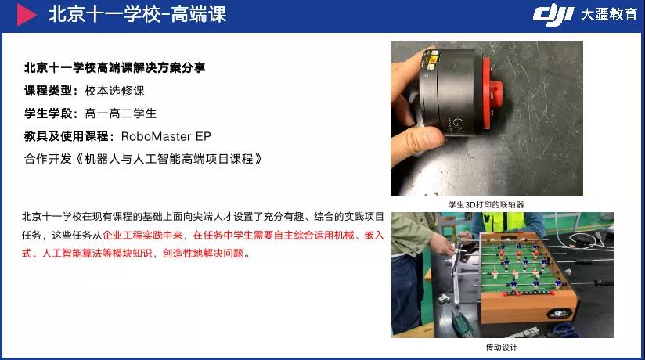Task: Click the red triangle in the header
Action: coord(26,15)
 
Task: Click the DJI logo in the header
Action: coord(553,16)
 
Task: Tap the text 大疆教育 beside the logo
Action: coord(609,15)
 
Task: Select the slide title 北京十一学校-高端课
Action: coord(138,15)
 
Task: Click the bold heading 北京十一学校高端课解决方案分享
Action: coord(115,67)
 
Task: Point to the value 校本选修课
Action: coord(115,91)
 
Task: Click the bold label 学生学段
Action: coord(48,113)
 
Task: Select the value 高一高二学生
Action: coord(121,113)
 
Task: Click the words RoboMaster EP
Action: coord(166,136)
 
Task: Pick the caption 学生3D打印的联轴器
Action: coord(486,204)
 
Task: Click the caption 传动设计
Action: coord(501,347)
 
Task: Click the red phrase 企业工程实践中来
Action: coord(142,236)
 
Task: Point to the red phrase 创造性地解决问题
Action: coord(204,254)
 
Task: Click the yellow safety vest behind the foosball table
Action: coord(499,222)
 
